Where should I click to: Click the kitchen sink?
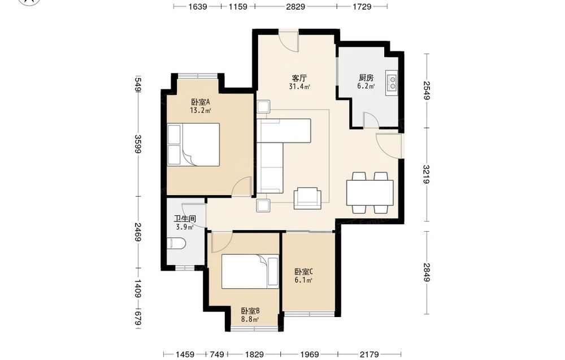click(x=392, y=81)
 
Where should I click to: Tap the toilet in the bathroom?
click(x=176, y=244)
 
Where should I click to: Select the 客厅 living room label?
click(x=299, y=78)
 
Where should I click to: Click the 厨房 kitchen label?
click(x=366, y=78)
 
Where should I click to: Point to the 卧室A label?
click(x=201, y=102)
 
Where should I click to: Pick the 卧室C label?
click(x=303, y=272)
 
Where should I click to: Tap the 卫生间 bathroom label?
click(x=185, y=219)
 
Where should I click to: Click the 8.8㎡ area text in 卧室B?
click(x=250, y=319)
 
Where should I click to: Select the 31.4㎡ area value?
click(x=299, y=86)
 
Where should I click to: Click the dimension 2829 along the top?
click(x=295, y=6)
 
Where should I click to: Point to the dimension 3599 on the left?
click(x=137, y=144)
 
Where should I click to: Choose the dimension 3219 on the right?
click(x=427, y=175)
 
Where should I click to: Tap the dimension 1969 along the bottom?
click(x=310, y=354)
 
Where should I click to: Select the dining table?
click(x=370, y=193)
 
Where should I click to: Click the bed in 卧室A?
click(x=194, y=145)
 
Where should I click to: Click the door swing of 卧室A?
click(x=241, y=186)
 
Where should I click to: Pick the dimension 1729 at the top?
click(x=362, y=6)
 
